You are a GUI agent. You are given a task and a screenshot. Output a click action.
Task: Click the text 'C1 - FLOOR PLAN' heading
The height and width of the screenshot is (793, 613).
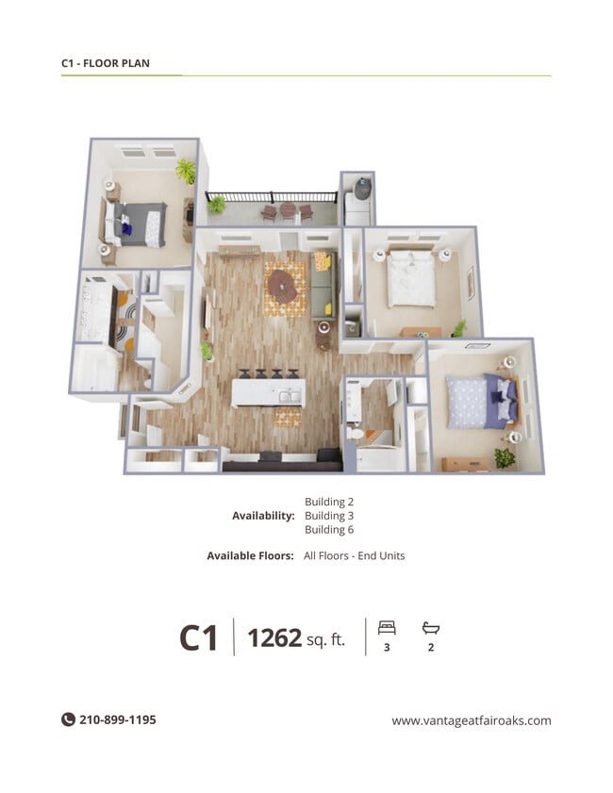pos(106,64)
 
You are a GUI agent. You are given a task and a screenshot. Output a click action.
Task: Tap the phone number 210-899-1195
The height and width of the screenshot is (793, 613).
pos(117,719)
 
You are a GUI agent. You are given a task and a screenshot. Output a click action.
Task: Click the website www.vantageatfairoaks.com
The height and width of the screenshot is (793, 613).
pos(472,720)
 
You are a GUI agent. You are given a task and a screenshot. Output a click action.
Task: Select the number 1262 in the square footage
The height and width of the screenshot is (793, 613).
pos(273,638)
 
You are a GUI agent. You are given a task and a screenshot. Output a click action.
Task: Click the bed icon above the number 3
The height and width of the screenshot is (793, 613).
pos(387,627)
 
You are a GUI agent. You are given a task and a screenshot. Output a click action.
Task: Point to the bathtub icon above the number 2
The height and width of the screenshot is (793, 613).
pos(431,627)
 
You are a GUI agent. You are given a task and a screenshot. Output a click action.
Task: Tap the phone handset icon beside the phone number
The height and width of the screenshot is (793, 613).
pos(68,719)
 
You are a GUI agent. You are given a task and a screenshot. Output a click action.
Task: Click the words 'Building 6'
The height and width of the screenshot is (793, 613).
pos(329,530)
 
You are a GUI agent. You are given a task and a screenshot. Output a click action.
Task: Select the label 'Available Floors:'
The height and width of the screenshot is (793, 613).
pos(250,556)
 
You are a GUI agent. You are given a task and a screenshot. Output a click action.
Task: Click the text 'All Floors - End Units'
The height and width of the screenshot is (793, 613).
pos(354,556)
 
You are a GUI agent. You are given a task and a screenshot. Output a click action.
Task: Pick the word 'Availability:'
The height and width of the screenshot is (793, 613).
pos(263,516)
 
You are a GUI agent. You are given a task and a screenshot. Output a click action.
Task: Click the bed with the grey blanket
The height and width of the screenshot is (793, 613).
pos(141,224)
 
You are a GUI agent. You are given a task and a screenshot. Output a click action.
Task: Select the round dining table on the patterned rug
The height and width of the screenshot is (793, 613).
pos(282,283)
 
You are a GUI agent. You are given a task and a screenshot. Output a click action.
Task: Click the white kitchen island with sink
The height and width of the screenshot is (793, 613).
pos(269,392)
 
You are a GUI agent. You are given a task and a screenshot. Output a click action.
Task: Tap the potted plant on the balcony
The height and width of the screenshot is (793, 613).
pos(218,203)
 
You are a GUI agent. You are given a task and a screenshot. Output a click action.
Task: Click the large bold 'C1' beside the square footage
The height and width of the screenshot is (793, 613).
pos(199,639)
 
